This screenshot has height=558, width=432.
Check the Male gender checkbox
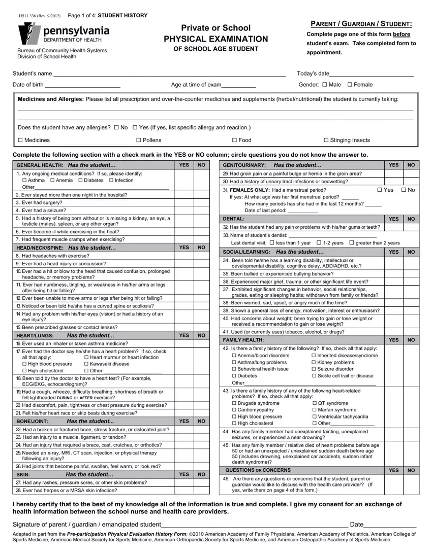(x=325, y=85)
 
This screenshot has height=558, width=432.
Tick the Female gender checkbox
(x=350, y=85)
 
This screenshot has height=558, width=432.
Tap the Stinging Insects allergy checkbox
(x=326, y=141)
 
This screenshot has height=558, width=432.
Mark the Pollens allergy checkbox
(x=139, y=141)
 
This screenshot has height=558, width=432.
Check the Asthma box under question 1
(x=24, y=181)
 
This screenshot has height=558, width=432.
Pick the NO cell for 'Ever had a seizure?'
(x=202, y=210)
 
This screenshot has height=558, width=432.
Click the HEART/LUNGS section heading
(x=33, y=335)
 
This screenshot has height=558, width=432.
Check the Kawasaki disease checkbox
(x=86, y=364)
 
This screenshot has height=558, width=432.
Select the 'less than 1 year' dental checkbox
(x=272, y=243)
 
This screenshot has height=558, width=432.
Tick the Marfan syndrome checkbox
(x=314, y=410)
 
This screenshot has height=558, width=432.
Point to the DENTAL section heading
(x=234, y=219)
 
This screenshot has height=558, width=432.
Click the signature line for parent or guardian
(x=254, y=525)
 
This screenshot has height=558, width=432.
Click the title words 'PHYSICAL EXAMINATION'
(x=215, y=39)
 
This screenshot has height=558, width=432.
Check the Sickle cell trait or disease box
(x=314, y=376)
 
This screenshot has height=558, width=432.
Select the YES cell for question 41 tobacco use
(x=393, y=332)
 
